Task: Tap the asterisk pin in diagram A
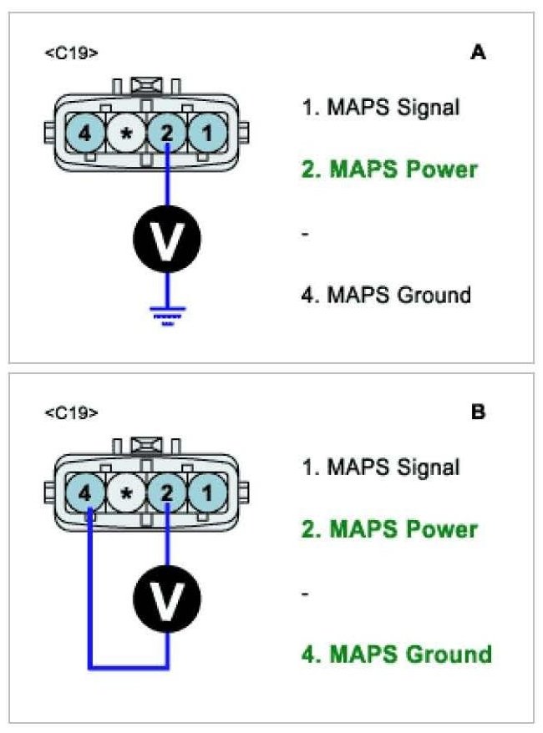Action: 126,132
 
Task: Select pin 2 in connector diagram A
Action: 167,132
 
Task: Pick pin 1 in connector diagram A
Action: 206,132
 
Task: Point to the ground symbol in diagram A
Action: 167,316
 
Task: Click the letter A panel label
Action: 478,53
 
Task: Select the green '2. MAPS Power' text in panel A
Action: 389,169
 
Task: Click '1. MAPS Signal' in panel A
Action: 380,108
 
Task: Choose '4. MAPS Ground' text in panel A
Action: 386,295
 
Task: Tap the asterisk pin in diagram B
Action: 126,493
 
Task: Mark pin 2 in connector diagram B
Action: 167,493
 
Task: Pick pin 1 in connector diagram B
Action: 206,493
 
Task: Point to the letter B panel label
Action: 478,412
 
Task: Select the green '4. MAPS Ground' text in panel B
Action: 396,653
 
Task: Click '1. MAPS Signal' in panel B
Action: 380,468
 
